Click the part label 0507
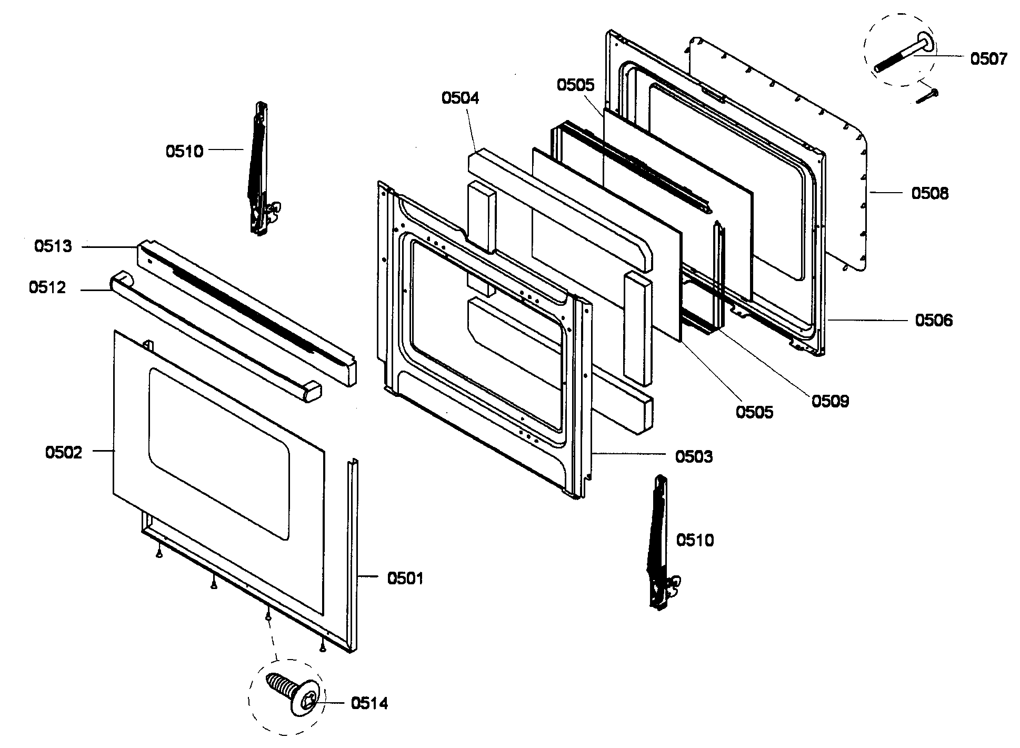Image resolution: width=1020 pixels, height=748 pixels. [x=988, y=58]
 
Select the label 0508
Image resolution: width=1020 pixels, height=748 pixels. [x=929, y=193]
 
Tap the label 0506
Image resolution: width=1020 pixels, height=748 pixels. [x=933, y=320]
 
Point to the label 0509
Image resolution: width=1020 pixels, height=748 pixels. [x=830, y=401]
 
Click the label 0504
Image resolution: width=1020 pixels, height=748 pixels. [x=460, y=98]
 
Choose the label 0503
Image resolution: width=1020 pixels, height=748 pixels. [x=694, y=456]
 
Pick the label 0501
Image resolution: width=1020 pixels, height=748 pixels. [x=405, y=579]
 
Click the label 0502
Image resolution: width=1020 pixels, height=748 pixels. [x=64, y=452]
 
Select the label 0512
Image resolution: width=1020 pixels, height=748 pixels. [x=47, y=287]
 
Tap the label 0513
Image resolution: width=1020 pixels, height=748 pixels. [x=53, y=246]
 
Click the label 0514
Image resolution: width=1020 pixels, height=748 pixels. [x=369, y=703]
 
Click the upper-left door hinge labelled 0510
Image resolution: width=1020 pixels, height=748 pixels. [x=260, y=168]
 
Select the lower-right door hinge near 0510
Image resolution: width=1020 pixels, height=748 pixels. [x=660, y=542]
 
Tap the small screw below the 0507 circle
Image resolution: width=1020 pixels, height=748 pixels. [x=927, y=97]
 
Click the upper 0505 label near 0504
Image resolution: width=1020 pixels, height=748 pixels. [x=575, y=85]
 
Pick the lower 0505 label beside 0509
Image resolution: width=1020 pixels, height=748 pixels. [x=754, y=412]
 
